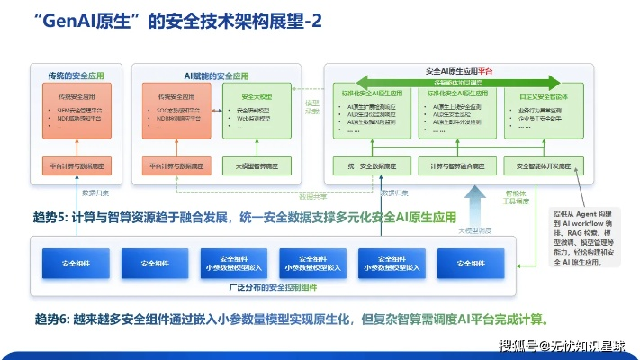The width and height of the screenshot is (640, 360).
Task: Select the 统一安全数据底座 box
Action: [x=370, y=166]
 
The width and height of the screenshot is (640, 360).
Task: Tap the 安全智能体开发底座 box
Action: [x=545, y=166]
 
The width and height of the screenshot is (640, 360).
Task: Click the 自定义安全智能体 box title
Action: [x=545, y=93]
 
